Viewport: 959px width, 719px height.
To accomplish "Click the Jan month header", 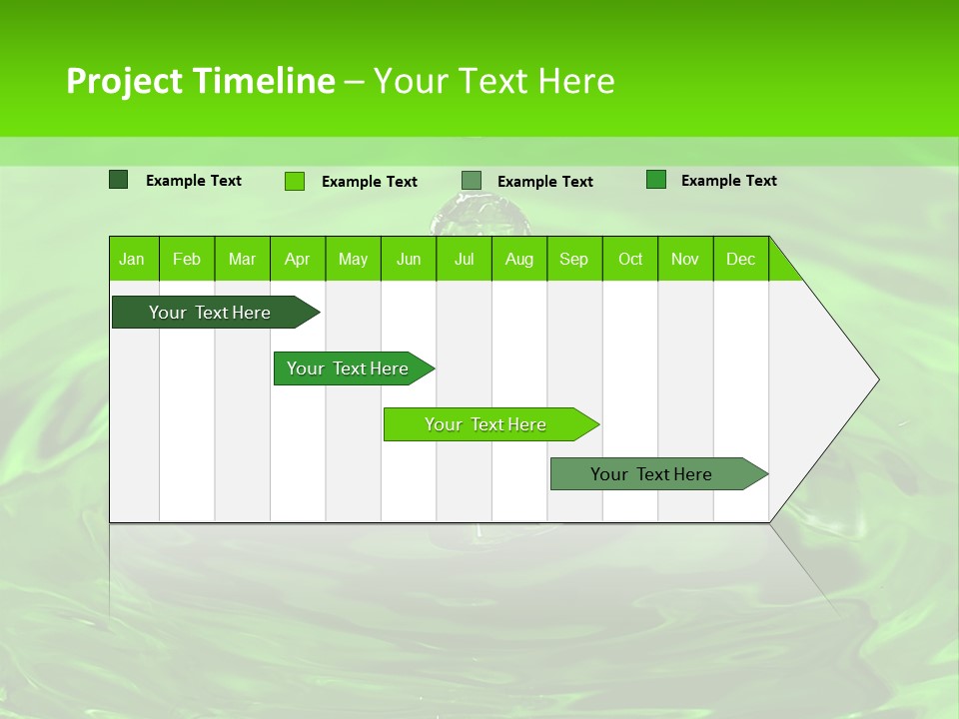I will (x=132, y=259).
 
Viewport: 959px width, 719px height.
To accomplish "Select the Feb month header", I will (x=187, y=259).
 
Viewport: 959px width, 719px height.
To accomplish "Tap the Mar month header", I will (x=242, y=259).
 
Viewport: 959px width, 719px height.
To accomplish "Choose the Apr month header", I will (x=297, y=259).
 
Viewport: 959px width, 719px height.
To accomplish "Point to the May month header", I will (x=353, y=259).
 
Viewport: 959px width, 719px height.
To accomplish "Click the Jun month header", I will (x=409, y=259).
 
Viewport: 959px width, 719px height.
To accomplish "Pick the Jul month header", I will (x=464, y=259).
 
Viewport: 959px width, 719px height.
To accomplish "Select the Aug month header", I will (x=518, y=259).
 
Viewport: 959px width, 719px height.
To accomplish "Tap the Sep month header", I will (x=573, y=259).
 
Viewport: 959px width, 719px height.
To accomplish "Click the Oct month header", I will (x=630, y=259).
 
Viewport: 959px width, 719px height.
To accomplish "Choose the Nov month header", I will (x=685, y=259).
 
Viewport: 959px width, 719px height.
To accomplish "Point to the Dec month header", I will (x=740, y=259).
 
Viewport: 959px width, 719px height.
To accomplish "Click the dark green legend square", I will (x=118, y=180).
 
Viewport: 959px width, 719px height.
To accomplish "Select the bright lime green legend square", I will (x=294, y=181).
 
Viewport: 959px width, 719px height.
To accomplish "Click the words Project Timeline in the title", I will (x=201, y=81).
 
